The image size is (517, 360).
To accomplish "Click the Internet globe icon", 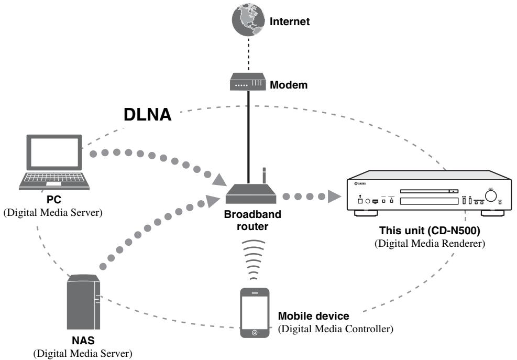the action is point(248,19).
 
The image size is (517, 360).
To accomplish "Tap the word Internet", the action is point(290,21).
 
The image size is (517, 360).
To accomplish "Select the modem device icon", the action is point(248,82).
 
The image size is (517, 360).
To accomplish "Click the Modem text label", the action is point(289,85).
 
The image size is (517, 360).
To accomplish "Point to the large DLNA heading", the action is point(147,115).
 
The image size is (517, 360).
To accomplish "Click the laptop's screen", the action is point(54,152).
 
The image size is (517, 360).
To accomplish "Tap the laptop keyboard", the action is point(54,178).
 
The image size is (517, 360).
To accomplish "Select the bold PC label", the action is point(53,200).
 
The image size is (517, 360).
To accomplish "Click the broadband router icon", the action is point(250,193).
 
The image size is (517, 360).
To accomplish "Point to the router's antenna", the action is point(264,176).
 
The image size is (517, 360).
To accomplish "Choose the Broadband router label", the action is point(252,220).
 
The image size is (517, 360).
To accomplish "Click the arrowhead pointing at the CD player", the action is point(334,197).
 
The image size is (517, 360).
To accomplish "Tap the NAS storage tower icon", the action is point(83,302).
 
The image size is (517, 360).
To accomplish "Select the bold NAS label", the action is point(83,340).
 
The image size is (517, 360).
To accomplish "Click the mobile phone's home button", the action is point(254,332).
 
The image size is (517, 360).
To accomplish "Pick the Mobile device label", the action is point(313,316).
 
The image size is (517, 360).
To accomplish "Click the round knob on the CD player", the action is point(491,195).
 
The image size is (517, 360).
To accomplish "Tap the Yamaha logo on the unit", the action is point(360,183).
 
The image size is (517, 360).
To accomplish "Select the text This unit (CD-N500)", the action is point(430,231).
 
